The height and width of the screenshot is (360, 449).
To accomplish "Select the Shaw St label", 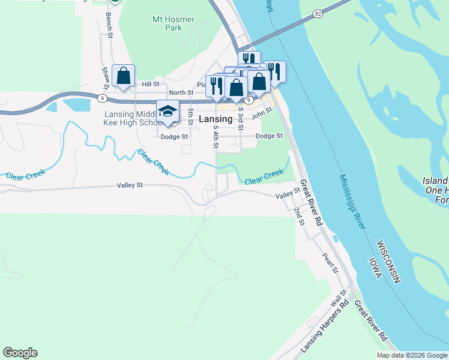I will [105, 77].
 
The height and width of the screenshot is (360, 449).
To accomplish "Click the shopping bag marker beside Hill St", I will [123, 76].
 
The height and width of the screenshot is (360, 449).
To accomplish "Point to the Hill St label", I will [151, 85].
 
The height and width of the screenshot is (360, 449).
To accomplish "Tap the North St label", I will [181, 93].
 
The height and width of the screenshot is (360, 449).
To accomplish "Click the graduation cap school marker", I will [167, 111].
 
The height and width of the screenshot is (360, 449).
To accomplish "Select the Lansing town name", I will [215, 119].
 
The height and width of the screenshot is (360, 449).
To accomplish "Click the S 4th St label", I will [215, 137].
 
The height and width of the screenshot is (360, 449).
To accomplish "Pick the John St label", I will [262, 113].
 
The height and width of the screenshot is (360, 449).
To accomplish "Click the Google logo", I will [20, 353].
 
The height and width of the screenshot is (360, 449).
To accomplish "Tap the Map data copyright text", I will [412, 355].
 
